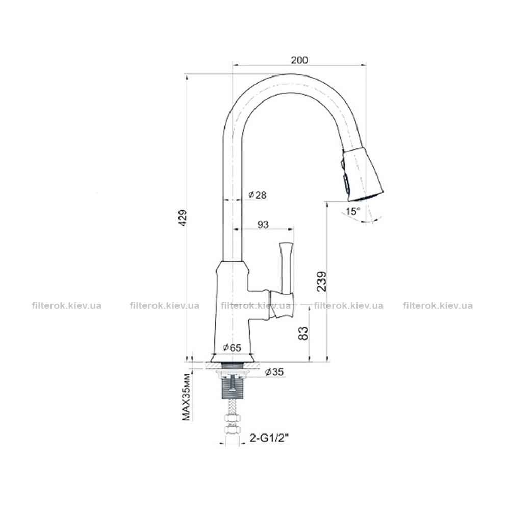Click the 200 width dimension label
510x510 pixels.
click(x=299, y=60)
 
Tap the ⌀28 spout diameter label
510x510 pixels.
click(x=258, y=195)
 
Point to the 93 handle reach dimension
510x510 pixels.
click(x=263, y=225)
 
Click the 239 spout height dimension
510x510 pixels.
click(x=322, y=281)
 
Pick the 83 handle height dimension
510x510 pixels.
click(x=303, y=334)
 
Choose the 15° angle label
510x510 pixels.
click(x=353, y=211)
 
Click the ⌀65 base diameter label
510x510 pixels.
click(x=232, y=348)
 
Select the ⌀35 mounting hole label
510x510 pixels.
click(x=274, y=372)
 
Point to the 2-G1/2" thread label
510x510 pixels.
click(x=270, y=439)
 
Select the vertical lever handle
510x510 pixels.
click(x=287, y=267)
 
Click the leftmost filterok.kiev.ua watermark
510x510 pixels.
click(x=67, y=306)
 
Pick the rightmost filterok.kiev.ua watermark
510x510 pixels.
click(x=438, y=306)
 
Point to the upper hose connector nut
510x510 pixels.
click(x=232, y=419)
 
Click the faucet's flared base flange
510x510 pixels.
click(x=232, y=358)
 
